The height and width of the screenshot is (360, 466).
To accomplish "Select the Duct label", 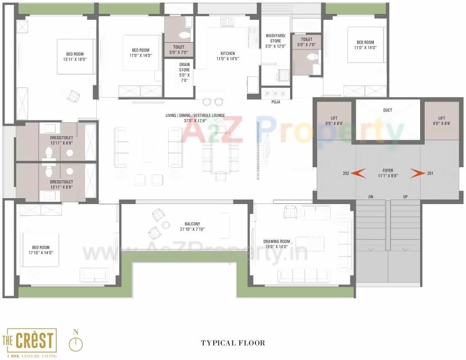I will [x=387, y=110].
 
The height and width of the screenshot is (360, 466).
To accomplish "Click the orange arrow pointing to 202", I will [x=358, y=173].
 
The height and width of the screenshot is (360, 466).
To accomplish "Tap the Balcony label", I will [x=195, y=224].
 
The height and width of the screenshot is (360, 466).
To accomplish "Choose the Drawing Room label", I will [x=277, y=241].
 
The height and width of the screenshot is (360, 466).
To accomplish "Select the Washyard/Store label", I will [x=276, y=38].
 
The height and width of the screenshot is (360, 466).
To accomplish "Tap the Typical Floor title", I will [x=233, y=343].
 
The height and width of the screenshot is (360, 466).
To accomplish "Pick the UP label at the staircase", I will [x=405, y=197].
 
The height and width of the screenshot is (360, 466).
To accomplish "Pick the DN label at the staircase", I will [x=371, y=197].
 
